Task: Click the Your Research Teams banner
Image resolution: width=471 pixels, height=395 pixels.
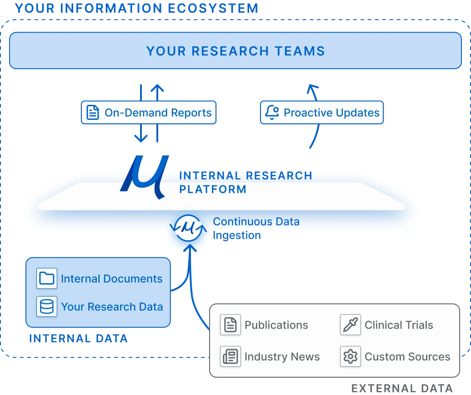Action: click(235, 51)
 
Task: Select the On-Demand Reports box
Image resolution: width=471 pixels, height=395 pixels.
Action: click(149, 113)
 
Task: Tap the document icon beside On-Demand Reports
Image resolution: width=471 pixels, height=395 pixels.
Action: click(93, 113)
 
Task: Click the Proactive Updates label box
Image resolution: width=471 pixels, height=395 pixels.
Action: click(322, 113)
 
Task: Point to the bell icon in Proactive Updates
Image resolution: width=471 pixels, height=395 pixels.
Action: click(272, 113)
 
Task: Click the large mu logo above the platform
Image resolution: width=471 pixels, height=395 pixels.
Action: click(145, 177)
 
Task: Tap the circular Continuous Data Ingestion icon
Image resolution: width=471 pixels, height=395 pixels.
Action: click(188, 228)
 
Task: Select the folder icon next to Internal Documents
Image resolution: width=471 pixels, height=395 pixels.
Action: click(47, 278)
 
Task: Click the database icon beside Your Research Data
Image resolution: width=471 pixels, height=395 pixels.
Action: click(47, 306)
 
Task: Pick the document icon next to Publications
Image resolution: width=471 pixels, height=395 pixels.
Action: click(230, 325)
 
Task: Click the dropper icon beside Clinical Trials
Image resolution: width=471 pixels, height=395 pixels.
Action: click(351, 325)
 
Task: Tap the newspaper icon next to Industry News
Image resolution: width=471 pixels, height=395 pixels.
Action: click(230, 356)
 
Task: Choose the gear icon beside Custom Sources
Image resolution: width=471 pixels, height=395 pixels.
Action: click(351, 356)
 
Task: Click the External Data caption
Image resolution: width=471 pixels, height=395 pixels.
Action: click(402, 388)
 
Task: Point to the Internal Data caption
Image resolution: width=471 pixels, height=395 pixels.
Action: click(78, 339)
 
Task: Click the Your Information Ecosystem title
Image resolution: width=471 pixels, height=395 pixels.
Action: click(137, 8)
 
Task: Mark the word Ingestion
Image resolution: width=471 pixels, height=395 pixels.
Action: click(237, 236)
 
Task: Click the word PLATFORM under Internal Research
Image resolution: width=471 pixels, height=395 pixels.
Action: click(213, 189)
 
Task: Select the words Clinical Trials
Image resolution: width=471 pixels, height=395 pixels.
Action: click(399, 325)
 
